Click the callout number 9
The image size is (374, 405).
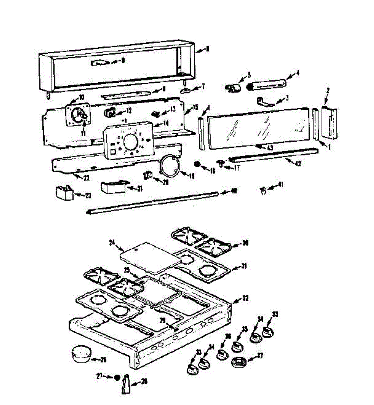[x=123, y=61]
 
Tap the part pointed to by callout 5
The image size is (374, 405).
[x=232, y=88]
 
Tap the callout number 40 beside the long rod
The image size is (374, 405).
[x=233, y=192]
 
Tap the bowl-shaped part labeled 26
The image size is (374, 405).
[x=81, y=355]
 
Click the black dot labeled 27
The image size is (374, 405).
[x=117, y=377]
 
